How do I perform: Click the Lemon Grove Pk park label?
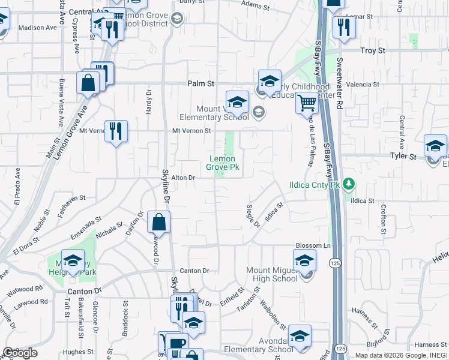(223, 163)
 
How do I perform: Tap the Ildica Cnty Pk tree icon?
(347, 185)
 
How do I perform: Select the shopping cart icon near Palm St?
(307, 103)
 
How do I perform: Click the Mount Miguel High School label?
(272, 274)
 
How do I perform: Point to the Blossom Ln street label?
(313, 246)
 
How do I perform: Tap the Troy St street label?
(372, 51)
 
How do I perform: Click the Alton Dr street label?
(184, 178)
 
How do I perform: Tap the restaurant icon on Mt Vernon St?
(116, 131)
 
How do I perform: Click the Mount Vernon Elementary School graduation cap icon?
(238, 102)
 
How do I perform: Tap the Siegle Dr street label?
(253, 216)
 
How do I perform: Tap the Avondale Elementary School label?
(259, 350)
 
